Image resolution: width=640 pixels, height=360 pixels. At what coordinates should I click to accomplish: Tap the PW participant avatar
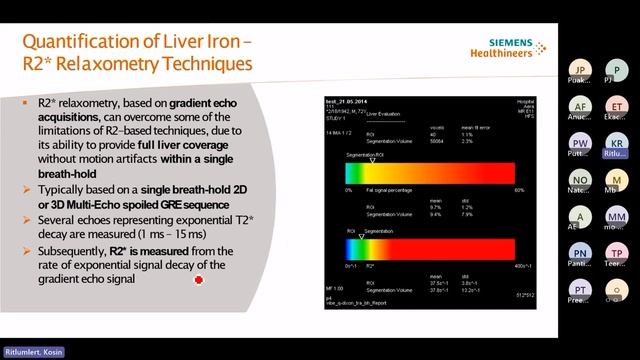pyautogui.click(x=581, y=142)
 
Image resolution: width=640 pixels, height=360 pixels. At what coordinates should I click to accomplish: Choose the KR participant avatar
pyautogui.click(x=619, y=142)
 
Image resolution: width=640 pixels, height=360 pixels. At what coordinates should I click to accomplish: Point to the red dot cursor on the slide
pyautogui.click(x=198, y=282)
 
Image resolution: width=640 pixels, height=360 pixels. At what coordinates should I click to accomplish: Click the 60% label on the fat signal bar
pyautogui.click(x=519, y=189)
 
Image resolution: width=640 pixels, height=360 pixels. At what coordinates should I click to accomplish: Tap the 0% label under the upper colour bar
pyautogui.click(x=348, y=189)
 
